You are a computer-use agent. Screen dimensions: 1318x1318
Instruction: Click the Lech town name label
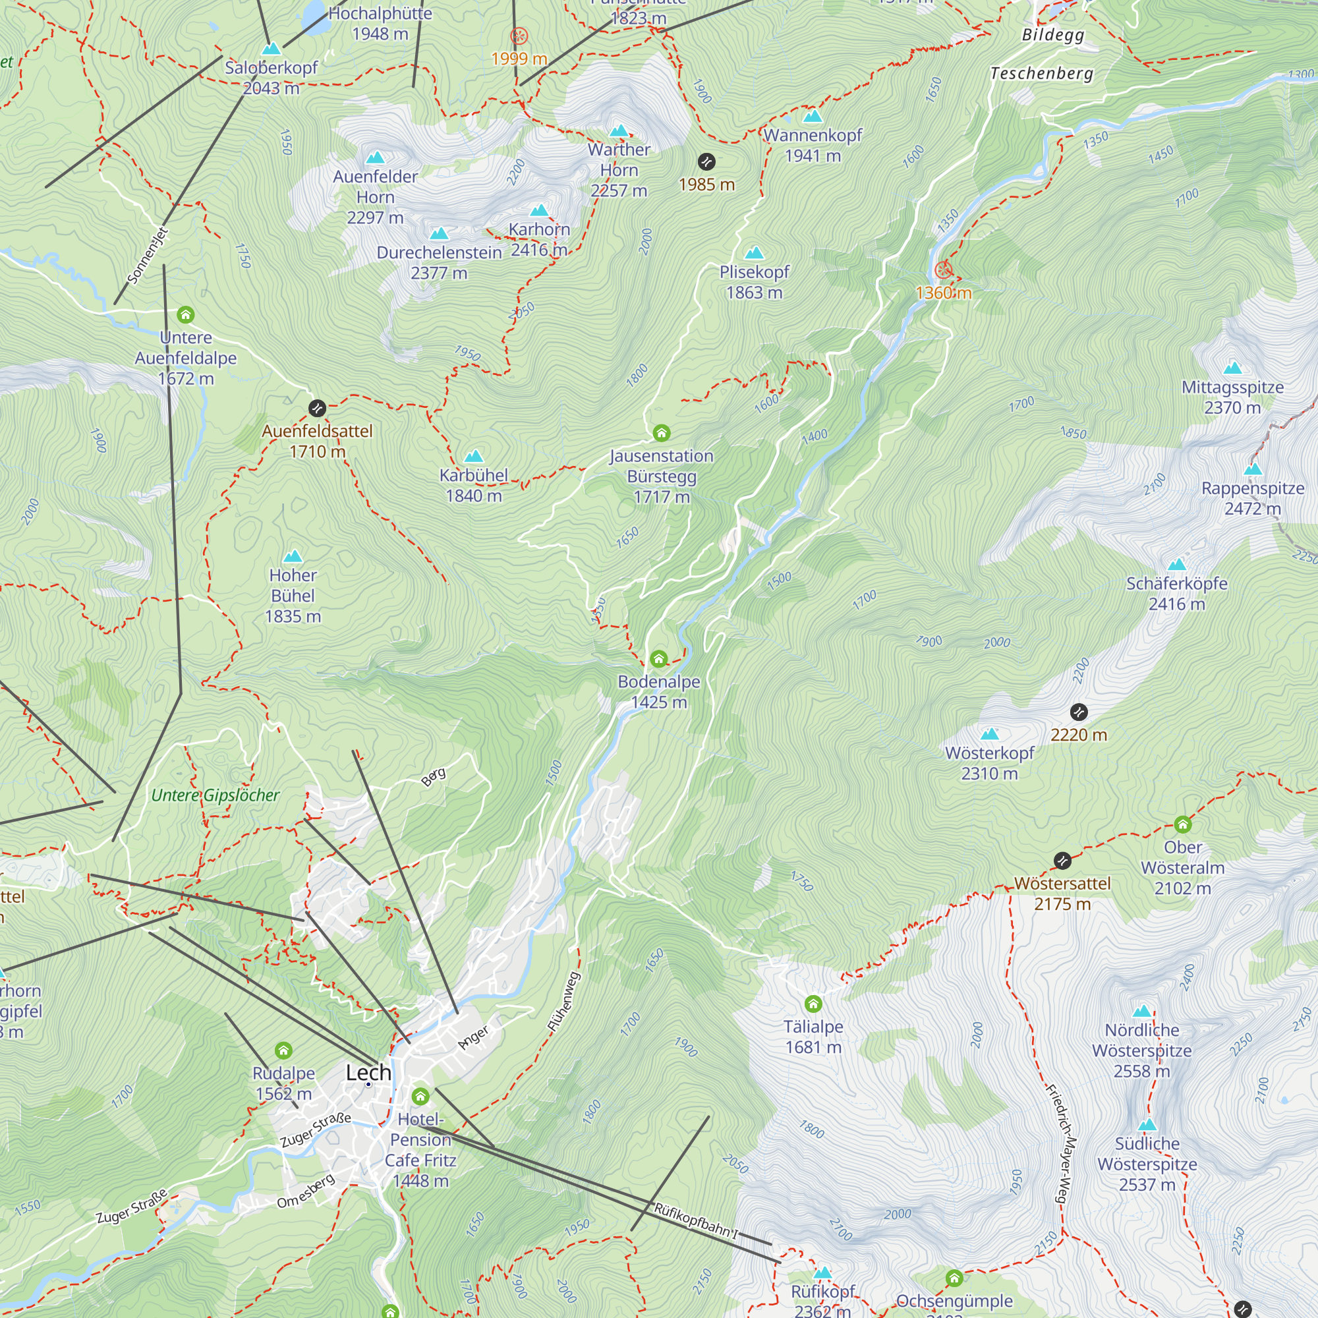click(x=368, y=1072)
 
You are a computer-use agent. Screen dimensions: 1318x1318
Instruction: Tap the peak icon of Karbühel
click(x=473, y=456)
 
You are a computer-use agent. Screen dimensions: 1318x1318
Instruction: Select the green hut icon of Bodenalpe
click(x=658, y=659)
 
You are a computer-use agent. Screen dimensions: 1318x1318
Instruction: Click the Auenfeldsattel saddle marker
click(x=317, y=408)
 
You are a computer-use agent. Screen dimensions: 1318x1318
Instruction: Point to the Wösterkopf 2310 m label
click(x=989, y=762)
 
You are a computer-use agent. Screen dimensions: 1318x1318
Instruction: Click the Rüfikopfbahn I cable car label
click(x=696, y=1221)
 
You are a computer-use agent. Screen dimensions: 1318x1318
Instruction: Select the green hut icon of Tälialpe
click(x=813, y=1004)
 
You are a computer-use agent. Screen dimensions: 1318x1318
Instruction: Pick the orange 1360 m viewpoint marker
click(x=943, y=270)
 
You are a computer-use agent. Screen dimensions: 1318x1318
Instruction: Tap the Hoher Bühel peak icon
click(x=293, y=556)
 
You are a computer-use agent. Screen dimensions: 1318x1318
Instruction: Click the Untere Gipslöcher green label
click(x=215, y=795)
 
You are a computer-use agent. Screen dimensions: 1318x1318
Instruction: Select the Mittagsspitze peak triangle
click(x=1232, y=368)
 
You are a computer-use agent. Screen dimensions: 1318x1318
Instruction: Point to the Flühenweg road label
click(x=563, y=1001)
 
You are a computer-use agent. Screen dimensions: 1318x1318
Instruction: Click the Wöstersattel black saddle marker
click(x=1062, y=861)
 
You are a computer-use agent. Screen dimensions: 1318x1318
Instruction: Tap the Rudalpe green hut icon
click(x=284, y=1050)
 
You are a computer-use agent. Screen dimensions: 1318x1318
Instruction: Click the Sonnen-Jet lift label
click(x=148, y=256)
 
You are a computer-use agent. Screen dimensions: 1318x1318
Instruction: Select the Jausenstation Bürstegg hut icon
click(x=661, y=432)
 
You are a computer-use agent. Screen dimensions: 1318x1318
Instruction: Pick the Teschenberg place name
click(x=1041, y=73)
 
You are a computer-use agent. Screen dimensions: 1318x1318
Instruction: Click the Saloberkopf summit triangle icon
click(x=272, y=49)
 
